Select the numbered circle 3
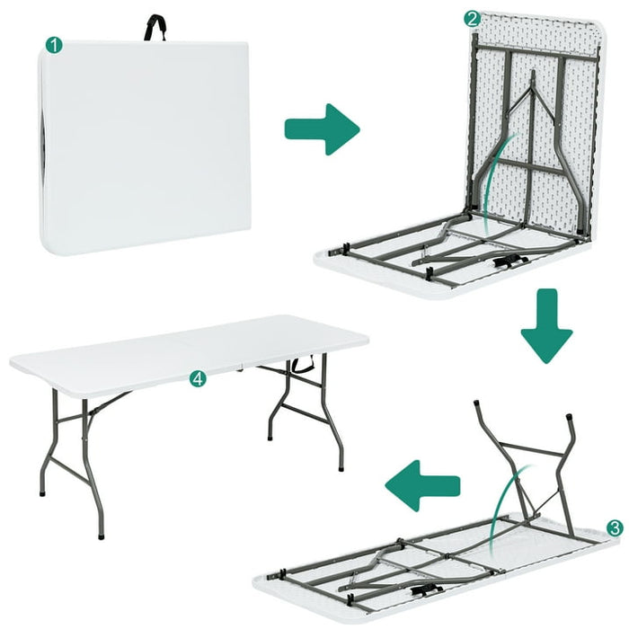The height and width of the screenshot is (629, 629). [x=614, y=527]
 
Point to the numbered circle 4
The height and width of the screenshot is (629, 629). [x=198, y=379]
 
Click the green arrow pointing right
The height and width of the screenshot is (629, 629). [x=322, y=128]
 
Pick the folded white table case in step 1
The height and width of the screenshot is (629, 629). [x=144, y=144]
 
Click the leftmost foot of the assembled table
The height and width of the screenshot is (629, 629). [x=42, y=493]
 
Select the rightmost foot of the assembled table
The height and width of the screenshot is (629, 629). [x=341, y=468]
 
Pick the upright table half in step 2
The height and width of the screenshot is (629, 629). [x=530, y=126]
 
